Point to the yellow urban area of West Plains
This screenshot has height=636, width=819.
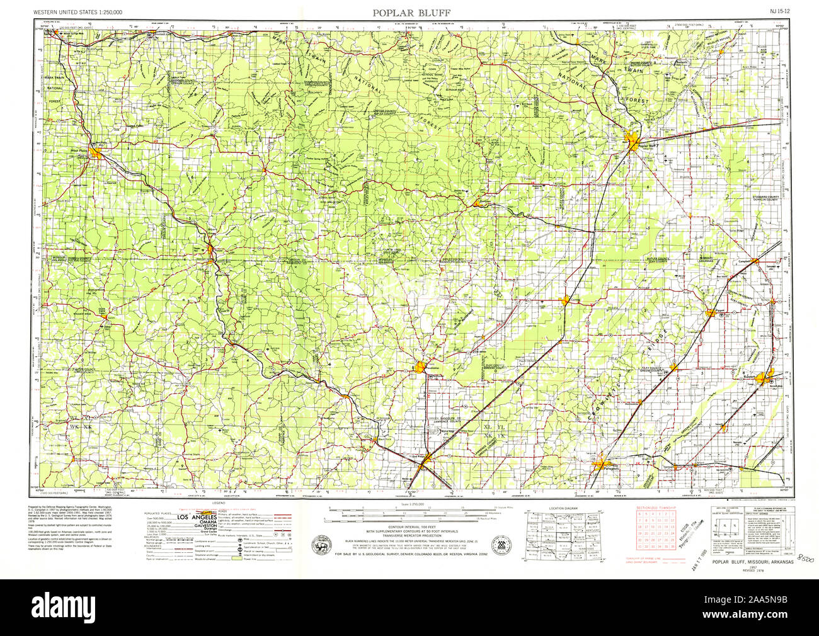point(96,152)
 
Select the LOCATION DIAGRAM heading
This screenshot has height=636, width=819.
point(563,507)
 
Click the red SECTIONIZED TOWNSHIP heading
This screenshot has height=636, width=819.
point(655,507)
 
